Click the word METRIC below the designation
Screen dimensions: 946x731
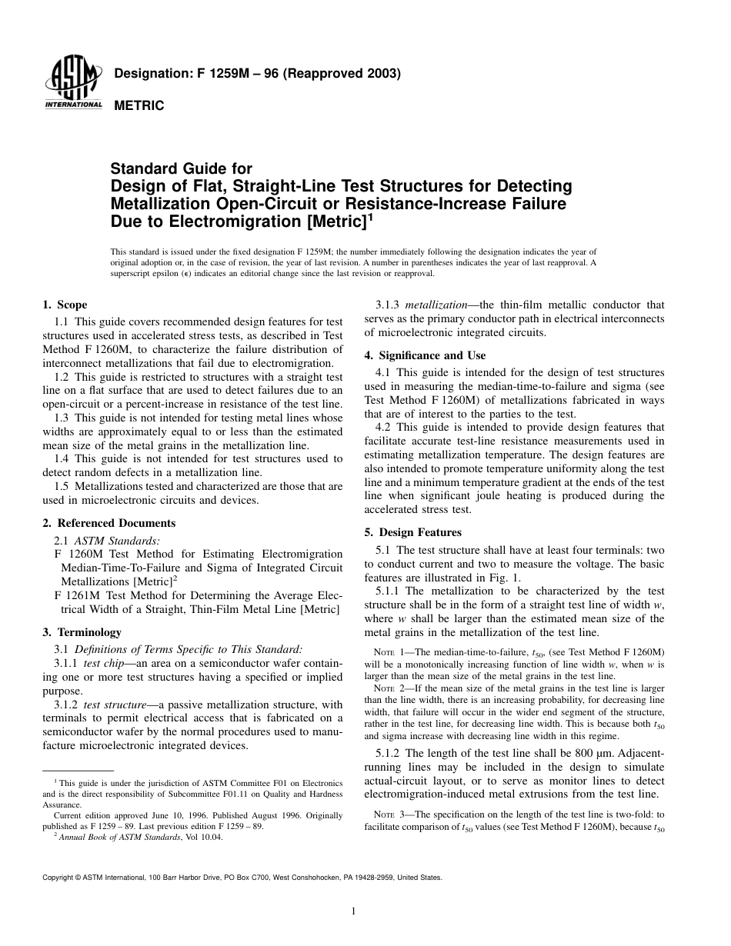pyautogui.click(x=139, y=106)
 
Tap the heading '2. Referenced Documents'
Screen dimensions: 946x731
pyautogui.click(x=108, y=523)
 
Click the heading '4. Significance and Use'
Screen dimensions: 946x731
pyautogui.click(x=423, y=355)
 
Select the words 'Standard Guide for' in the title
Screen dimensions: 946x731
pyautogui.click(x=182, y=168)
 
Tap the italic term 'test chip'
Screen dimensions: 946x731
pyautogui.click(x=102, y=663)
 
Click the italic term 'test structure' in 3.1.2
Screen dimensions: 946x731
pyautogui.click(x=106, y=705)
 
